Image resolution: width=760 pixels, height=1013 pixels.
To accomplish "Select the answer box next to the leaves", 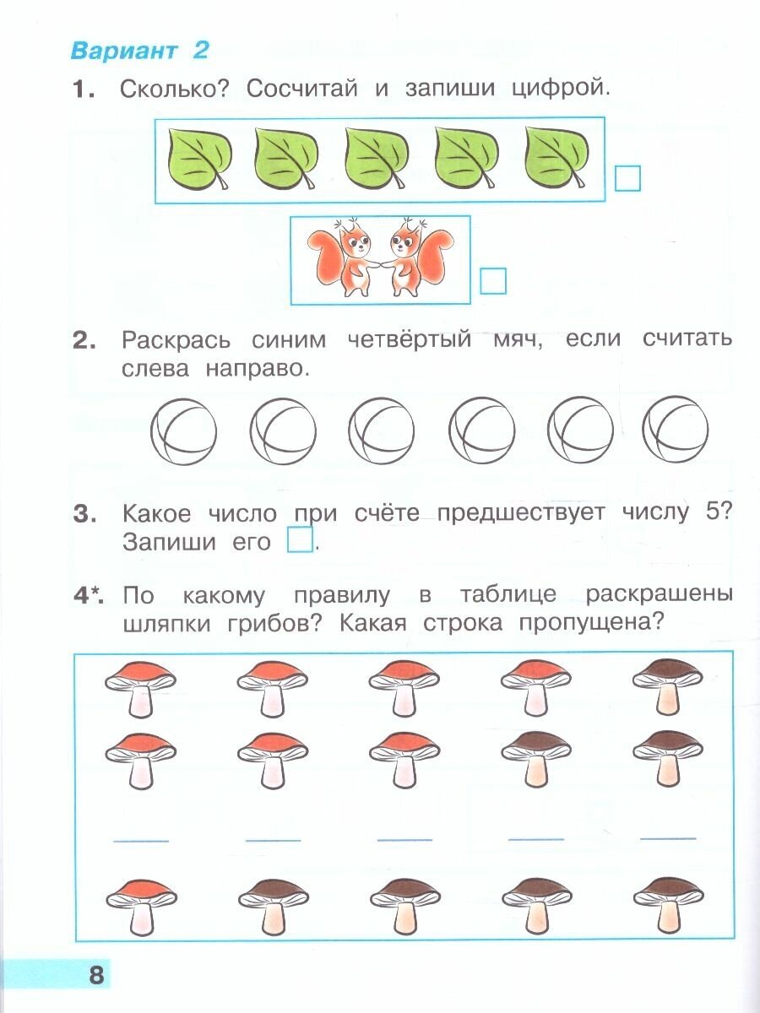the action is (627, 178).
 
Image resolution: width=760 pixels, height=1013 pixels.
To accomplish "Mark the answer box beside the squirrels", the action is (492, 280).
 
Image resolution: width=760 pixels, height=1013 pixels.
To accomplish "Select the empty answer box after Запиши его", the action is (300, 540).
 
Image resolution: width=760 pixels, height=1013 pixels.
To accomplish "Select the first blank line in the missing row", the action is (141, 840).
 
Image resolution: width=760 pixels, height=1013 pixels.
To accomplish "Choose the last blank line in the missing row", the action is (668, 838).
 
